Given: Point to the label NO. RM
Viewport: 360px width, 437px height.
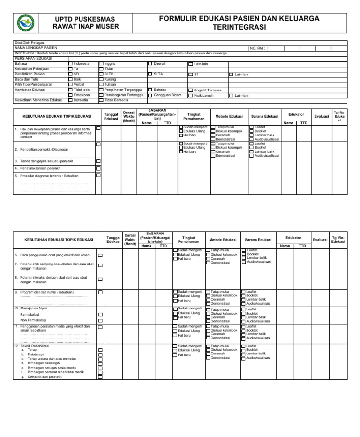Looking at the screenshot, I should tap(257, 48).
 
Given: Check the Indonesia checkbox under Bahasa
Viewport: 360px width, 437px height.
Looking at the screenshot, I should tap(71, 64).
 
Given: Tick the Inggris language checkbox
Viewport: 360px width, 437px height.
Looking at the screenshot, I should tap(101, 64).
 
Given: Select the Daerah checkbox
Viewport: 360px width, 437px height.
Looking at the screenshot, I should tap(150, 64).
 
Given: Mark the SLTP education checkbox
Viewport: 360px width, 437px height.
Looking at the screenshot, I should tap(101, 74).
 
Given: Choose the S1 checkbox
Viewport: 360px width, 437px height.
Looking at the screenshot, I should tap(190, 75).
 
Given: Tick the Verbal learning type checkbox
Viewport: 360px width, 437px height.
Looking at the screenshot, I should tap(71, 85).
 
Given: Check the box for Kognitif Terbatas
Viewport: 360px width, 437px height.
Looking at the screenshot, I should tap(190, 90).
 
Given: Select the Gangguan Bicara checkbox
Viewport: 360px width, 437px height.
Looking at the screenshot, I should tap(150, 95).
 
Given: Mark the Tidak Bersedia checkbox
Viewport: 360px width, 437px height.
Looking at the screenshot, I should tap(101, 100).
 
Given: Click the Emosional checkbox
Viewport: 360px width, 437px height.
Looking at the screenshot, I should tap(71, 95).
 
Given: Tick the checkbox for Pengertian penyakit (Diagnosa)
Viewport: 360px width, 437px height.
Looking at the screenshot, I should tap(98, 144).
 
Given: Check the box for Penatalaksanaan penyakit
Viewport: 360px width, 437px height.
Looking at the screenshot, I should tap(98, 168).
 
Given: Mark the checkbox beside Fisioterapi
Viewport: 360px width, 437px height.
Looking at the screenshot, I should tap(100, 355).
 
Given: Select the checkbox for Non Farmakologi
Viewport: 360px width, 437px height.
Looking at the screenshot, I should tap(100, 320).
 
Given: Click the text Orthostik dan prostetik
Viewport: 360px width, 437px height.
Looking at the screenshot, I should tap(45, 377).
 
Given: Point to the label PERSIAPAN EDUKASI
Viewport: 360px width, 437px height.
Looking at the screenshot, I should tap(34, 59).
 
